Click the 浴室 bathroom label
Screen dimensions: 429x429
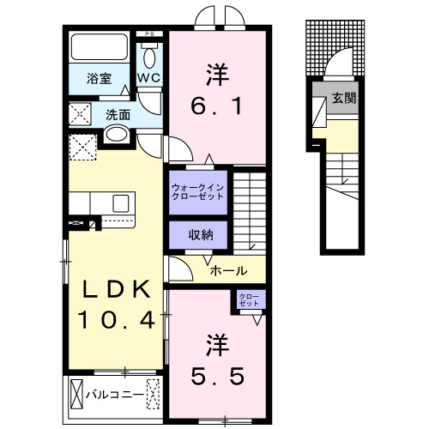[99, 79]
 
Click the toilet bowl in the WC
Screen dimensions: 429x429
[151, 57]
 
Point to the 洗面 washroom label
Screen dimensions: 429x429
[118, 114]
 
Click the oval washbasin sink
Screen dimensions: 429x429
[116, 135]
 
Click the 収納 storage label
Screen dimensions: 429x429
[198, 235]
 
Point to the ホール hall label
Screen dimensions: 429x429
[229, 270]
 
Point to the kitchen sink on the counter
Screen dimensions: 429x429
[121, 202]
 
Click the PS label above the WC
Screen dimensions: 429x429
[151, 35]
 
